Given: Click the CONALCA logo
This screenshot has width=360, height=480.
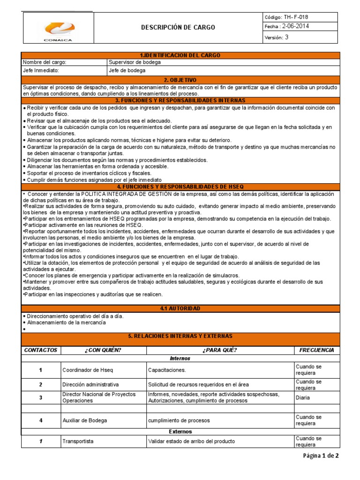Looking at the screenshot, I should (58, 28).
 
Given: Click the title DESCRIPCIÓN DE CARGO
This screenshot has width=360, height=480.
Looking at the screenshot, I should (178, 27).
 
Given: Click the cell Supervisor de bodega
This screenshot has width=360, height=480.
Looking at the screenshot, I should (135, 62).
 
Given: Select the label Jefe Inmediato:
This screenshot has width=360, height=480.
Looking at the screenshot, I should (39, 71).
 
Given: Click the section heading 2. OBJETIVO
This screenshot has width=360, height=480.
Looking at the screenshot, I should (180, 80).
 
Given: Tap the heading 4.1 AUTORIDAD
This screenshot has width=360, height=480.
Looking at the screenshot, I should (180, 308).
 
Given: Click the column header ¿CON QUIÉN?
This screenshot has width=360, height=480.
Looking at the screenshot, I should (103, 350).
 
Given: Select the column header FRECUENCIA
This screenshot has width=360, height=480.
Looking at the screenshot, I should (316, 350).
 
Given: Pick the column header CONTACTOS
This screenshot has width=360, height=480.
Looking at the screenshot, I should (41, 350).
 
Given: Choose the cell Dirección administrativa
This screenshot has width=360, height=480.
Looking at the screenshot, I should (90, 385).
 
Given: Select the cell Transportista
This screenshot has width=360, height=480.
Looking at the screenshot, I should (78, 442).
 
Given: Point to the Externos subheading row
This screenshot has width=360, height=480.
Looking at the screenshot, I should (180, 431).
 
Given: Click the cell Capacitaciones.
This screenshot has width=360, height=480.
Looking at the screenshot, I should (167, 370).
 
